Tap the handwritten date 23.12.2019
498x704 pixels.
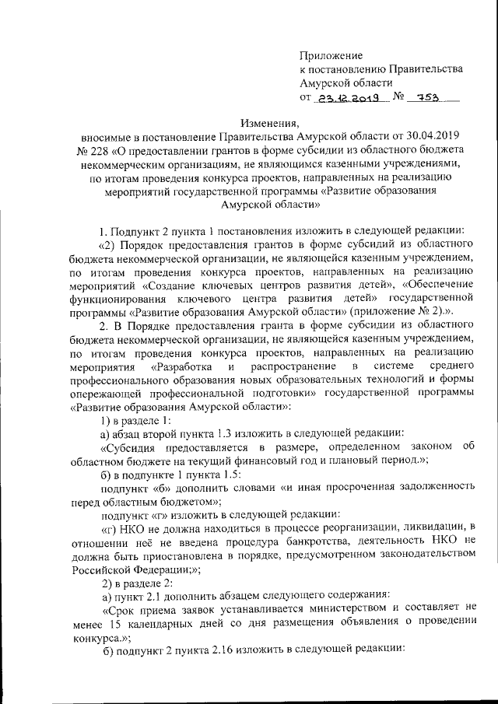pos(346,98)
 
